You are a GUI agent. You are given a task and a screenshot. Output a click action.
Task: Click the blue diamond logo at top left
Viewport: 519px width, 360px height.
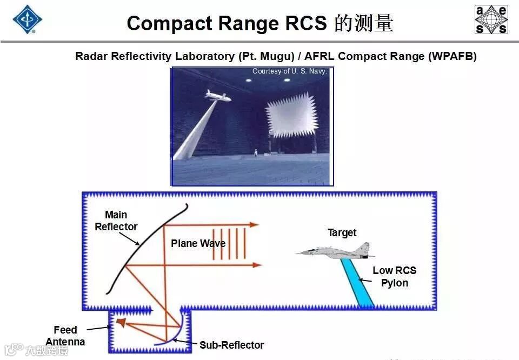(x=27, y=19)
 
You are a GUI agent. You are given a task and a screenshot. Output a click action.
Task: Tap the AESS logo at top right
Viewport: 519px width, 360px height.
(x=491, y=19)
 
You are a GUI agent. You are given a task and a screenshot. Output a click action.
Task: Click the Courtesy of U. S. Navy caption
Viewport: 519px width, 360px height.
(x=290, y=71)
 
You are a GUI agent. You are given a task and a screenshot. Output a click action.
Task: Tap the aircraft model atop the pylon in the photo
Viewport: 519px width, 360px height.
(x=217, y=96)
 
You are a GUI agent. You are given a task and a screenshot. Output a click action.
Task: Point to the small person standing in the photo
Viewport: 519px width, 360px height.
(x=255, y=154)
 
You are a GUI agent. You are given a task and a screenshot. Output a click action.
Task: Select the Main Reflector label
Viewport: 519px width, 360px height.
(x=116, y=221)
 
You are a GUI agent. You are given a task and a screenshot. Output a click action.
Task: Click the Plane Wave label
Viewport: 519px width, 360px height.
(x=198, y=243)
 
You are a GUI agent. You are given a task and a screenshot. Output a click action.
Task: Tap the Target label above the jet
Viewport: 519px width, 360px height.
(x=342, y=232)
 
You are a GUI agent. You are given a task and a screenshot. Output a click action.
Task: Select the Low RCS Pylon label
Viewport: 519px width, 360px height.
(x=395, y=276)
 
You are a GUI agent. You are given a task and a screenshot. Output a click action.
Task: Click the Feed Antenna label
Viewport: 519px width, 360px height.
(x=65, y=335)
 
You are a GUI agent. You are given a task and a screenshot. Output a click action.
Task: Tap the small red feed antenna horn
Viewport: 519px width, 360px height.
(x=121, y=323)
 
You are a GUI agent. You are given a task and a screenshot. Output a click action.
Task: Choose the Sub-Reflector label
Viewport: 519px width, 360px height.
(x=231, y=345)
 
